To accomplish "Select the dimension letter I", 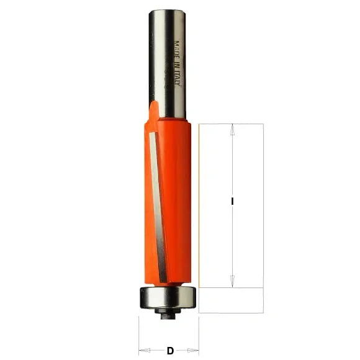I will coord(232,201).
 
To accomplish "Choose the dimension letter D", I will coord(169,351).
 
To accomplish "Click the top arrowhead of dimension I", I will coord(232,128).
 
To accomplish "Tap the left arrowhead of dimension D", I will coord(142,351).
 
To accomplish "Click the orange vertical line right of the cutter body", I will coord(199,205).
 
